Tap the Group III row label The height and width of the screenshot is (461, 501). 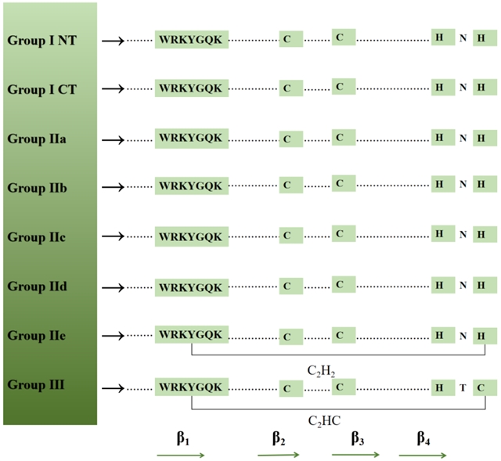click(37, 384)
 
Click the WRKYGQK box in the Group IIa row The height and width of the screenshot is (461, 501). click(192, 138)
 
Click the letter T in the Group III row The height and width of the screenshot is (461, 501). click(463, 387)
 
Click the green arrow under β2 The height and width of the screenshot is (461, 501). click(279, 455)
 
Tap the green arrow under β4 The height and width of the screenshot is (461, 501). click(423, 455)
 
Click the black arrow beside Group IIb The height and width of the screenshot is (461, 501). click(114, 187)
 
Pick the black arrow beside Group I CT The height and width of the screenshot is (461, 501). click(114, 89)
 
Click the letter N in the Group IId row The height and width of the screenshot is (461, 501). click(463, 286)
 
